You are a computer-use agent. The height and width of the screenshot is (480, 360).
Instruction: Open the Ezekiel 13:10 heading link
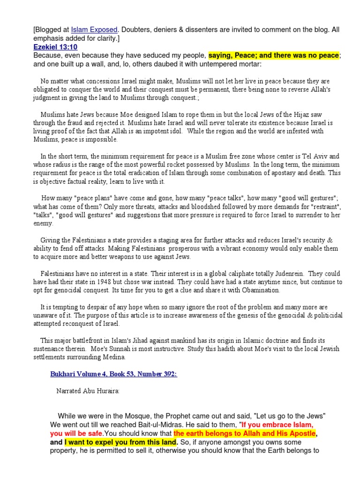55,47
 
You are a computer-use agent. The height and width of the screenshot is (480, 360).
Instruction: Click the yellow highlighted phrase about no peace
274,56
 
